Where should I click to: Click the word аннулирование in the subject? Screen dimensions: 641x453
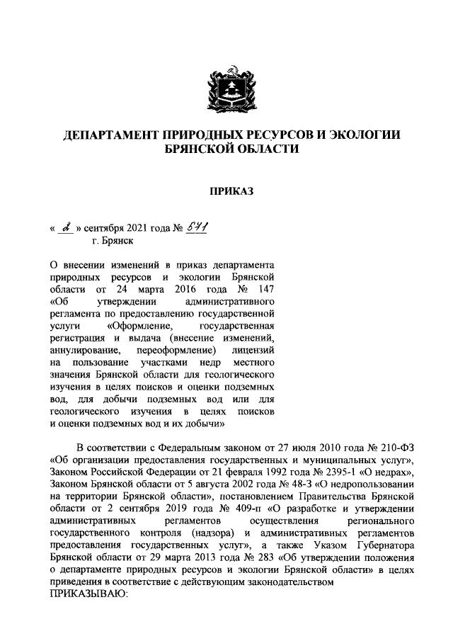point(84,351)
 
